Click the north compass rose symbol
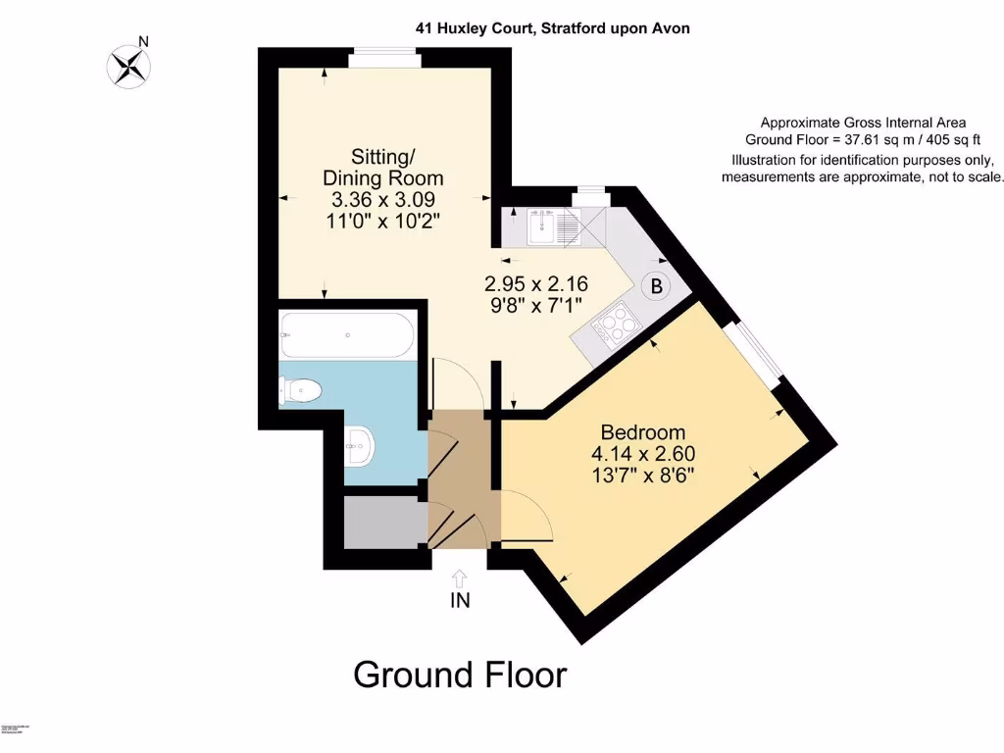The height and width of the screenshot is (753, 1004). point(128,66)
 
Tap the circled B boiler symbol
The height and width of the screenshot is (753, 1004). point(655,287)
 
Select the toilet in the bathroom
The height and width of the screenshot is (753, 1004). point(303,391)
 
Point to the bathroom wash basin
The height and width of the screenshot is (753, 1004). point(360,447)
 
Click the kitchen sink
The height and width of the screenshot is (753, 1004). point(541,229)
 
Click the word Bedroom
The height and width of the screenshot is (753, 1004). point(642,432)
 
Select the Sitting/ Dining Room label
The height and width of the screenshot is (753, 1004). point(383,168)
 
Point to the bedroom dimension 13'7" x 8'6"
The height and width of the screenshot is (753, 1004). point(643,476)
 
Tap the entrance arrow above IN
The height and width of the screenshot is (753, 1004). point(460,578)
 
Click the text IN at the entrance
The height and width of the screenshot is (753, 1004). point(460,601)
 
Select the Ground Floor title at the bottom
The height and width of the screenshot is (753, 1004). point(459,675)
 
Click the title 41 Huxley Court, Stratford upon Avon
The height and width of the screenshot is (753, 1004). point(552,28)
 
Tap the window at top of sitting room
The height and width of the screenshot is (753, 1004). point(385,59)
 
